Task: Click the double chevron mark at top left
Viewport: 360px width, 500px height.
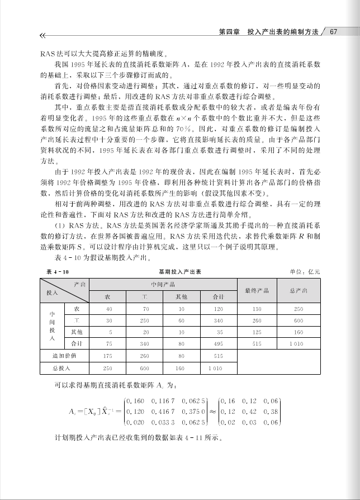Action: point(43,36)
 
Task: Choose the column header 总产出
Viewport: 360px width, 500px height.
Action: point(299,290)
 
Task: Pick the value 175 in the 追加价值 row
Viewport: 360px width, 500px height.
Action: point(109,355)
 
